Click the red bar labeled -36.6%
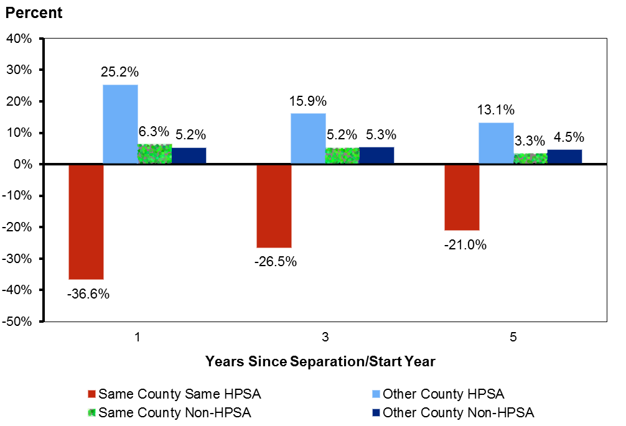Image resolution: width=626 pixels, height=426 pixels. click(86, 222)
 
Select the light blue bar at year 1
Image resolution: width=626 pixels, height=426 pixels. click(120, 124)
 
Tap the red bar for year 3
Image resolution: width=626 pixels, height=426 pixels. click(274, 206)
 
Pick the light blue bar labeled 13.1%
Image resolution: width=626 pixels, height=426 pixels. click(496, 144)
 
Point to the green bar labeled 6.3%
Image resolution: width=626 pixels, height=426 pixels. click(155, 154)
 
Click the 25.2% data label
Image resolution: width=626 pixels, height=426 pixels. click(119, 73)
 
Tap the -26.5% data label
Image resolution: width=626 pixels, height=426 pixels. click(275, 261)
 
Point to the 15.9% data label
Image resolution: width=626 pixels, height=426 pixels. click(308, 101)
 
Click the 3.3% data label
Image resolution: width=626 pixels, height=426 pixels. click(531, 141)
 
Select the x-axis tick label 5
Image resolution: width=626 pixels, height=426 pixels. click(513, 338)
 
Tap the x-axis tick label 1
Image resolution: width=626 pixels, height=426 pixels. click(137, 338)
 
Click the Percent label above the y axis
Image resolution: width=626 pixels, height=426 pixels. click(34, 12)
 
